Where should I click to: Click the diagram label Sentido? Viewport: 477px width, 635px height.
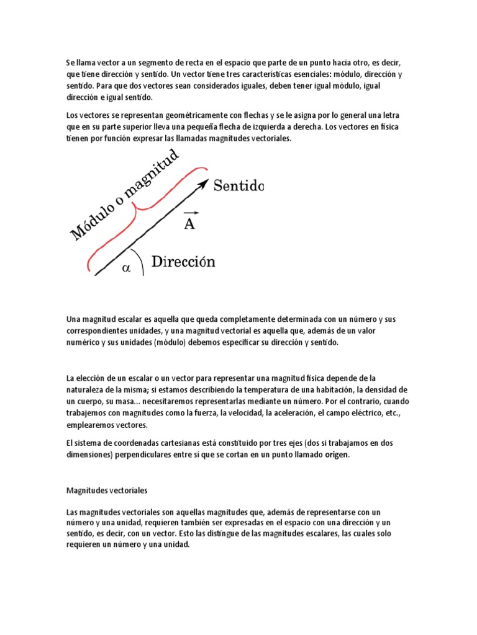click(x=239, y=185)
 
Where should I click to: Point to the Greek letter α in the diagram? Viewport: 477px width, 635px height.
click(x=127, y=268)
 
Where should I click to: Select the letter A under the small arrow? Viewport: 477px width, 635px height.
click(x=189, y=224)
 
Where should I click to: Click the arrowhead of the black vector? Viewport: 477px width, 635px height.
click(x=203, y=183)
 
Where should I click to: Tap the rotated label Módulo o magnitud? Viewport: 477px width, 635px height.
click(x=124, y=195)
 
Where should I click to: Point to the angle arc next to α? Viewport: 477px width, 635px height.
click(x=142, y=264)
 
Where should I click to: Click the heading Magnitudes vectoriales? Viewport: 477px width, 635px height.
click(x=106, y=491)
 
